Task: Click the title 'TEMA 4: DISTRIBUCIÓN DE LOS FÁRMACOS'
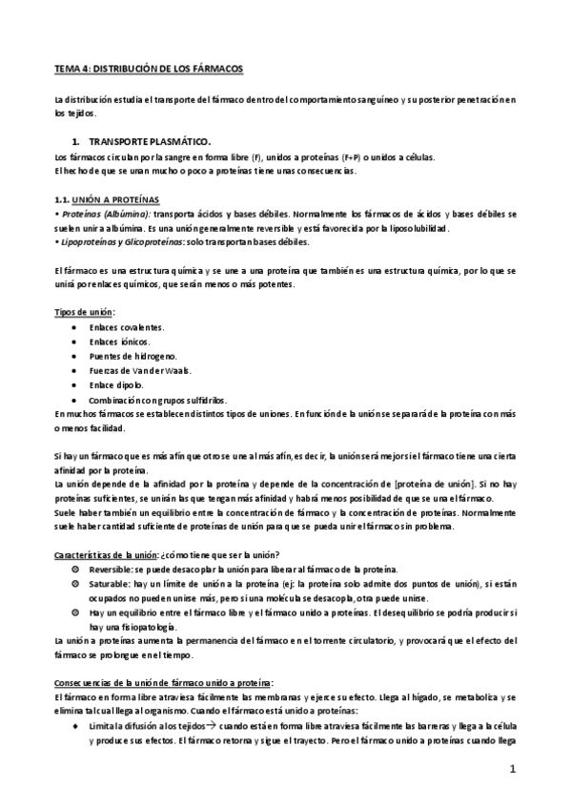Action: coord(149,71)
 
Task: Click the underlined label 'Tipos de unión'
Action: coord(84,312)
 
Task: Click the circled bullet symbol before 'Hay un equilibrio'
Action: coord(76,612)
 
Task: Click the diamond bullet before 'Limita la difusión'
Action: coord(76,727)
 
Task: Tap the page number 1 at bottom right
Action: coord(512,769)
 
